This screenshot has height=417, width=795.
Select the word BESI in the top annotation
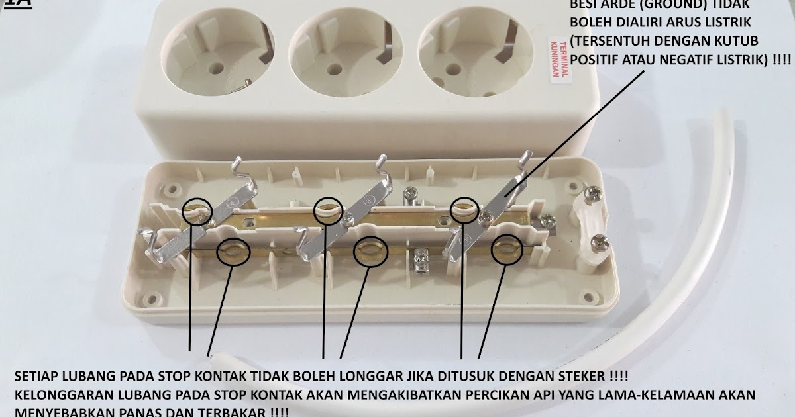click(585, 5)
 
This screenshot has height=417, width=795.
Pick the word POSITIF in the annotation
click(597, 60)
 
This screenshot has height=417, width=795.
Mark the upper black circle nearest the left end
click(197, 210)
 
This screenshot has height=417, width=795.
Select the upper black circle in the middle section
click(329, 210)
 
